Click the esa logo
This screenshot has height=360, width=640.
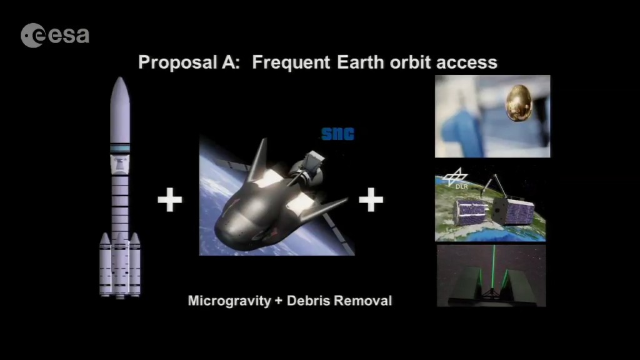(x=55, y=35)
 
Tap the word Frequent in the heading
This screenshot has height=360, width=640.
(x=291, y=62)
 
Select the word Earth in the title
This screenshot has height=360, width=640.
(x=361, y=62)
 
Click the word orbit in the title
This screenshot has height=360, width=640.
(x=410, y=62)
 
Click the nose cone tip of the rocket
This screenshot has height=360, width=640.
(x=120, y=77)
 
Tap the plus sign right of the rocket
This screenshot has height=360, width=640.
(x=170, y=199)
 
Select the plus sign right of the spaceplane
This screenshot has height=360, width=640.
(x=371, y=199)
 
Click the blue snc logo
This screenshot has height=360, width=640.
(x=338, y=134)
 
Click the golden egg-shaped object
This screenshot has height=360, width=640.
(x=519, y=103)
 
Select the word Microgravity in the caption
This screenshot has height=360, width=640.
(x=229, y=301)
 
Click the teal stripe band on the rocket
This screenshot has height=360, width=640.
(x=120, y=149)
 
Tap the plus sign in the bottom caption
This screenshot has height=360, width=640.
(x=279, y=301)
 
